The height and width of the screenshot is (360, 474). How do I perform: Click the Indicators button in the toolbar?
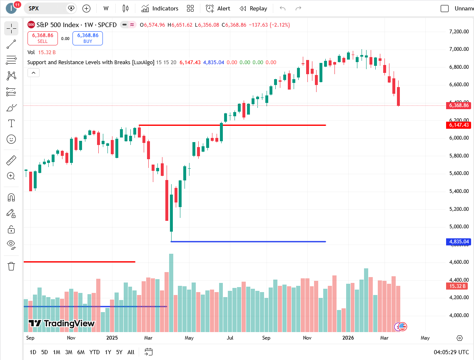click(160, 8)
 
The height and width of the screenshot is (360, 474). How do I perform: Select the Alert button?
click(218, 8)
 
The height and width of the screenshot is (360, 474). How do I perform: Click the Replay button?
click(253, 8)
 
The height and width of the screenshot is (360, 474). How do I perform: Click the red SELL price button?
click(42, 38)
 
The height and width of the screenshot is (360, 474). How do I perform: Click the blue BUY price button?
click(87, 38)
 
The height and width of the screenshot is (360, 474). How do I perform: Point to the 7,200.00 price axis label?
click(459, 32)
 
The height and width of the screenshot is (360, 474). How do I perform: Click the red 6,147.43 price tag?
click(459, 125)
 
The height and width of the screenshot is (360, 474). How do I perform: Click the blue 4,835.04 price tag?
click(459, 242)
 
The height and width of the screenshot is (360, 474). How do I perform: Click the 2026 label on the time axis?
click(348, 338)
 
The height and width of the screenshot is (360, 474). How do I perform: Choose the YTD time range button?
click(95, 352)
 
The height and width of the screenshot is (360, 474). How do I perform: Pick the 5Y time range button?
click(119, 352)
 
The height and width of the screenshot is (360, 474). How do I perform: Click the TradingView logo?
click(62, 323)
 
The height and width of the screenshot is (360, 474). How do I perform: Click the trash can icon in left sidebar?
click(11, 266)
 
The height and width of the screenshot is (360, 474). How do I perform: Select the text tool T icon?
click(11, 123)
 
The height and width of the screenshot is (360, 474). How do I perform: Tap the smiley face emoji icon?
click(11, 139)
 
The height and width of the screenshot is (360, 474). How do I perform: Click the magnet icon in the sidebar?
click(11, 197)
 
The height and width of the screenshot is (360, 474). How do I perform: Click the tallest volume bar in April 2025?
click(171, 292)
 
